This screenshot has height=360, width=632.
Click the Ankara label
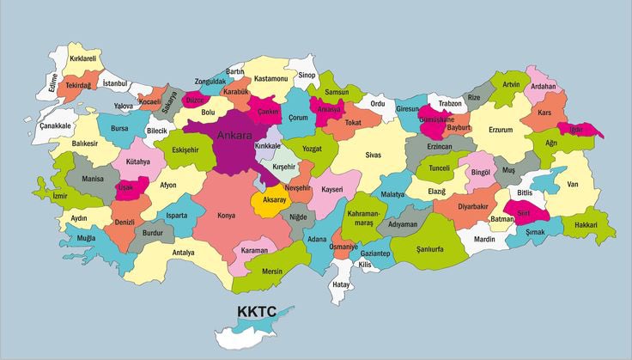pyautogui.click(x=234, y=136)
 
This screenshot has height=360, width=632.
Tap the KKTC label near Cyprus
pyautogui.click(x=257, y=311)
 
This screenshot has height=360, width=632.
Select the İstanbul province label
pyautogui.click(x=114, y=83)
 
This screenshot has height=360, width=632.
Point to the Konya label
pyautogui.click(x=227, y=215)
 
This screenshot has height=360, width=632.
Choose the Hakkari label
pyautogui.click(x=586, y=225)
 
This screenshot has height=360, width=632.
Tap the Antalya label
pyautogui.click(x=183, y=253)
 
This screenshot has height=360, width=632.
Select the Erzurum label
pyautogui.click(x=500, y=130)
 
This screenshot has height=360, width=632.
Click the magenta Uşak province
pyautogui.click(x=127, y=186)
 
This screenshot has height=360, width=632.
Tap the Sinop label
pyautogui.click(x=307, y=75)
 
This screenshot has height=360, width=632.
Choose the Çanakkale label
pyautogui.click(x=55, y=125)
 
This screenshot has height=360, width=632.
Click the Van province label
pyautogui.click(x=573, y=184)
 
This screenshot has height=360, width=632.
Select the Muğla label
pyautogui.click(x=87, y=236)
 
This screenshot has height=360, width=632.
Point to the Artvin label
pyautogui.click(x=511, y=84)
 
